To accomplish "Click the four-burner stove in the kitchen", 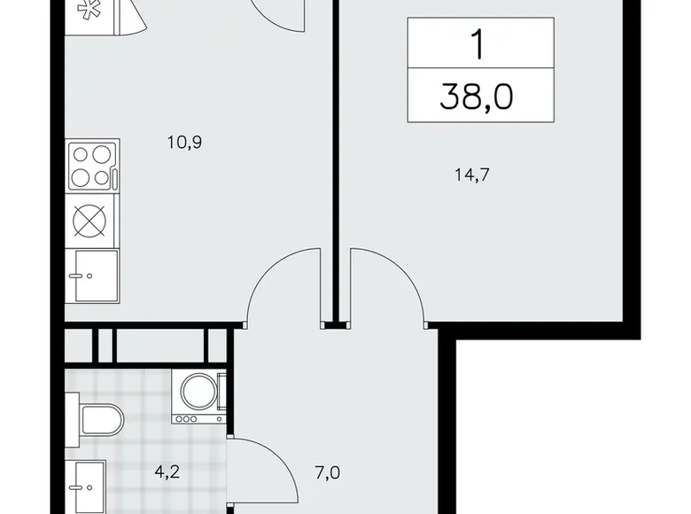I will [92, 166].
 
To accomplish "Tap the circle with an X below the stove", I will [91, 221].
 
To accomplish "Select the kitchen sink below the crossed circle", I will [92, 276].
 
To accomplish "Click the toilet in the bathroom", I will [99, 419].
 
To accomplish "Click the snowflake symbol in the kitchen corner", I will [88, 12].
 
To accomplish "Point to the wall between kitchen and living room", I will [335, 160].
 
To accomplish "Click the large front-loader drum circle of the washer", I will [198, 393].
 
